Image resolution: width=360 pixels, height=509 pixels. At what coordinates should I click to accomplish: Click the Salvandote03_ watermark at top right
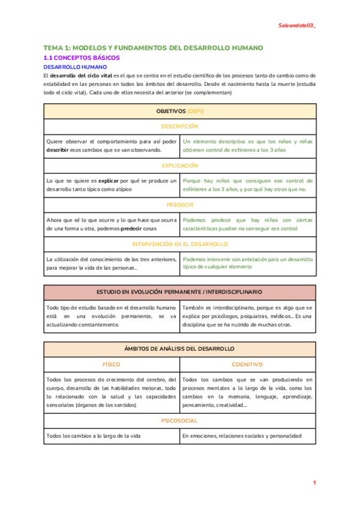[298, 26]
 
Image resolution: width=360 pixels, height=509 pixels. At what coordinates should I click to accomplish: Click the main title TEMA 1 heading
[153, 48]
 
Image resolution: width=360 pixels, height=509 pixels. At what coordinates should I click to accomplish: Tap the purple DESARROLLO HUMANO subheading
[75, 67]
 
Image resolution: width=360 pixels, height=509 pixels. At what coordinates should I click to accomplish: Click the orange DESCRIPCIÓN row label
[179, 127]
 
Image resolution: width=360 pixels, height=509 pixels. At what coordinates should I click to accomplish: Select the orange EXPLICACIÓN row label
[179, 165]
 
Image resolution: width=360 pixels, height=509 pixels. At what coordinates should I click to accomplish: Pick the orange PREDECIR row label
[179, 205]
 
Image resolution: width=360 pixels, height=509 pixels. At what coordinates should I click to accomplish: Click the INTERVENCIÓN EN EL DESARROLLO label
[179, 244]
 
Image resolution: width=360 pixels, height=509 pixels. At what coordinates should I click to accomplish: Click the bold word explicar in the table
[108, 180]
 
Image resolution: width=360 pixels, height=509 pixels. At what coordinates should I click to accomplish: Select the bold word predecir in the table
[131, 228]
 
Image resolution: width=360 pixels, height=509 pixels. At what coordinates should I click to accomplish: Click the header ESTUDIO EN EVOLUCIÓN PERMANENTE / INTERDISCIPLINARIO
[179, 292]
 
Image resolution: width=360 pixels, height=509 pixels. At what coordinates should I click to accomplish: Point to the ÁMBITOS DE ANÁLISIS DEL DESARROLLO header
[179, 349]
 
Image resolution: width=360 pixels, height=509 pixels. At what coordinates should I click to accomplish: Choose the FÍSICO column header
[112, 364]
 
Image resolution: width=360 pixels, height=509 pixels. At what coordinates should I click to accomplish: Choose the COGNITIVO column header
[247, 364]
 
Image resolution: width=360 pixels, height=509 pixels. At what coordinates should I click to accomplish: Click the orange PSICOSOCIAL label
[179, 421]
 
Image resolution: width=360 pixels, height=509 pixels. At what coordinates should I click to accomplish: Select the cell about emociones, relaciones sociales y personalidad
[241, 436]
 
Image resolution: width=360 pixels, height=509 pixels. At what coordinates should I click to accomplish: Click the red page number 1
[314, 483]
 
